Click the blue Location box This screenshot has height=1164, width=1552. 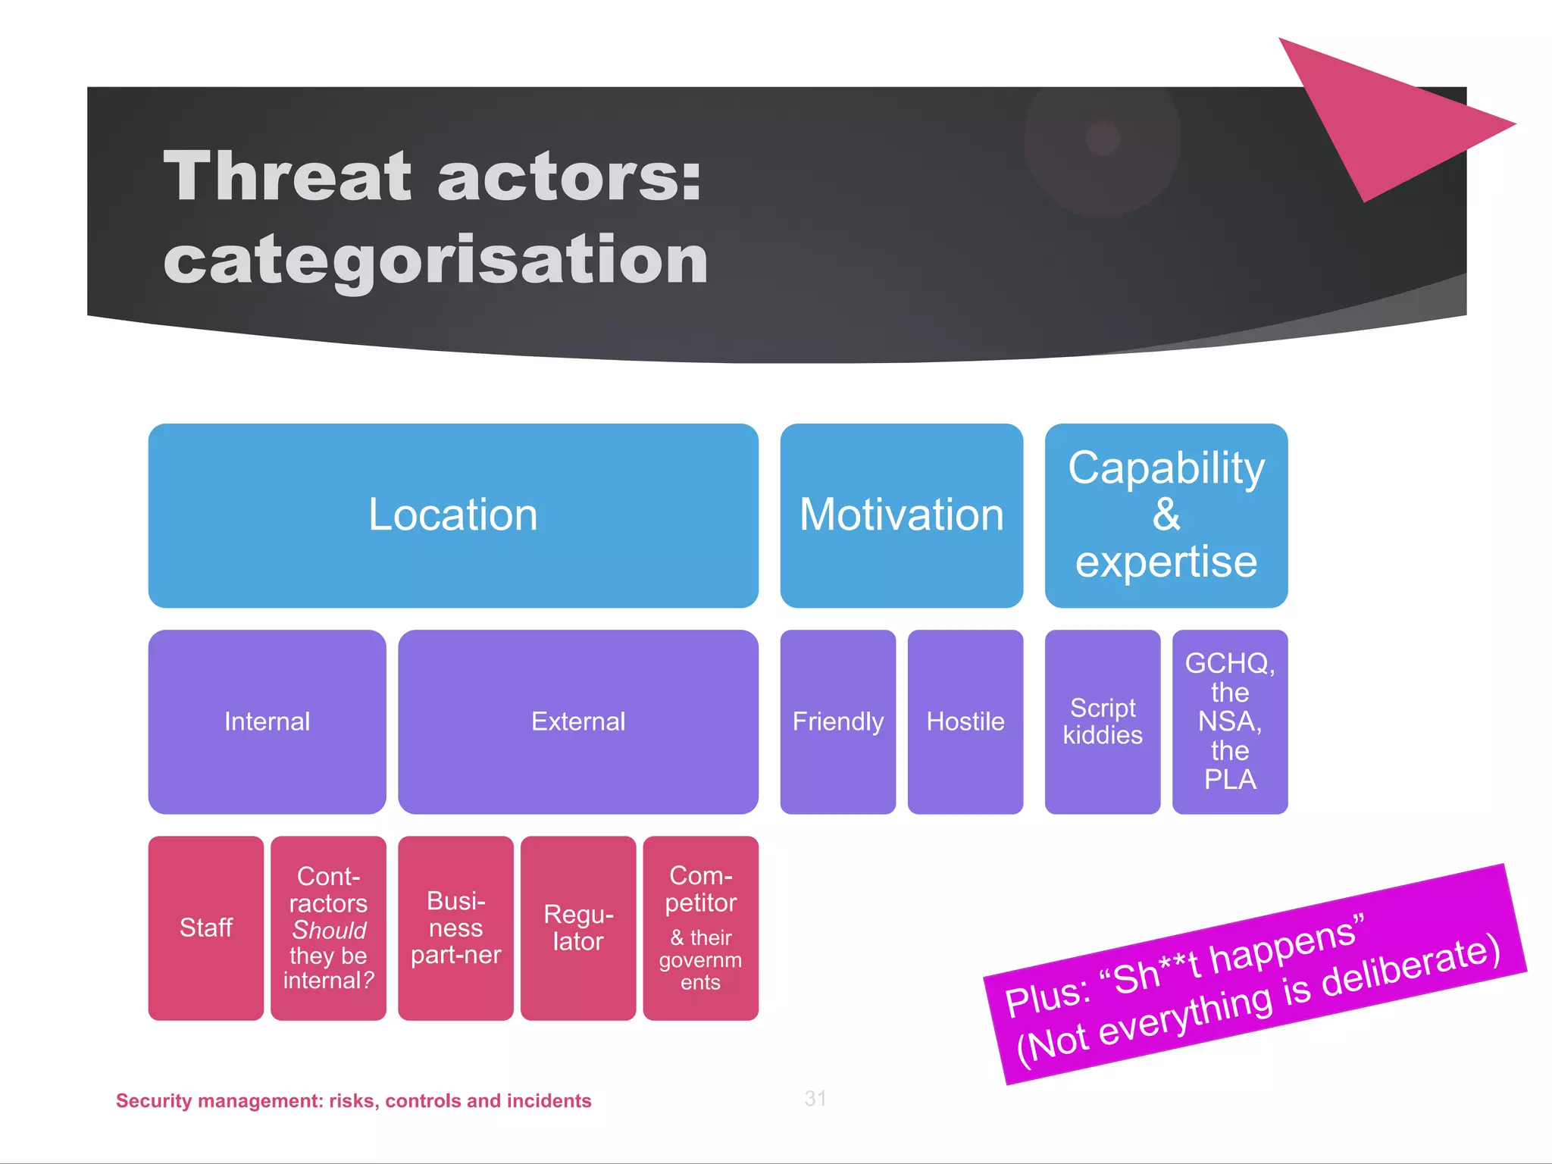tap(453, 515)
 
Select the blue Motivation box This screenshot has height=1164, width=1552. tap(901, 515)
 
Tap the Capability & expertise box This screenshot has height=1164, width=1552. tap(1166, 515)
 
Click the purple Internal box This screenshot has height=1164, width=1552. tap(267, 721)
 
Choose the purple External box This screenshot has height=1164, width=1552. tap(577, 721)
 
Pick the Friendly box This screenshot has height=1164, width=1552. tap(837, 721)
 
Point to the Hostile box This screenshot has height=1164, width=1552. tap(965, 721)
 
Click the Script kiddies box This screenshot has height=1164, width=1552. tap(1102, 721)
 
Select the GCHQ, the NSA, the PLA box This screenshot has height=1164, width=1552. tap(1229, 721)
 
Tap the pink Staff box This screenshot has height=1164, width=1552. tap(205, 928)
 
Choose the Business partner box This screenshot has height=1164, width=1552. tap(455, 928)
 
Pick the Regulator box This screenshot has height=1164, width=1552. tap(577, 928)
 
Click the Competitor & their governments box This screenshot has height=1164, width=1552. tap(700, 928)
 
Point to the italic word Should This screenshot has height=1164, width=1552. tap(329, 930)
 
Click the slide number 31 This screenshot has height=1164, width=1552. tap(815, 1098)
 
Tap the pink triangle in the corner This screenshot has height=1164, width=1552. tap(1379, 121)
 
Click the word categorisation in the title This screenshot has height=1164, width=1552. tap(436, 259)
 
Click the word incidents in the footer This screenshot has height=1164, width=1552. tap(548, 1100)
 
